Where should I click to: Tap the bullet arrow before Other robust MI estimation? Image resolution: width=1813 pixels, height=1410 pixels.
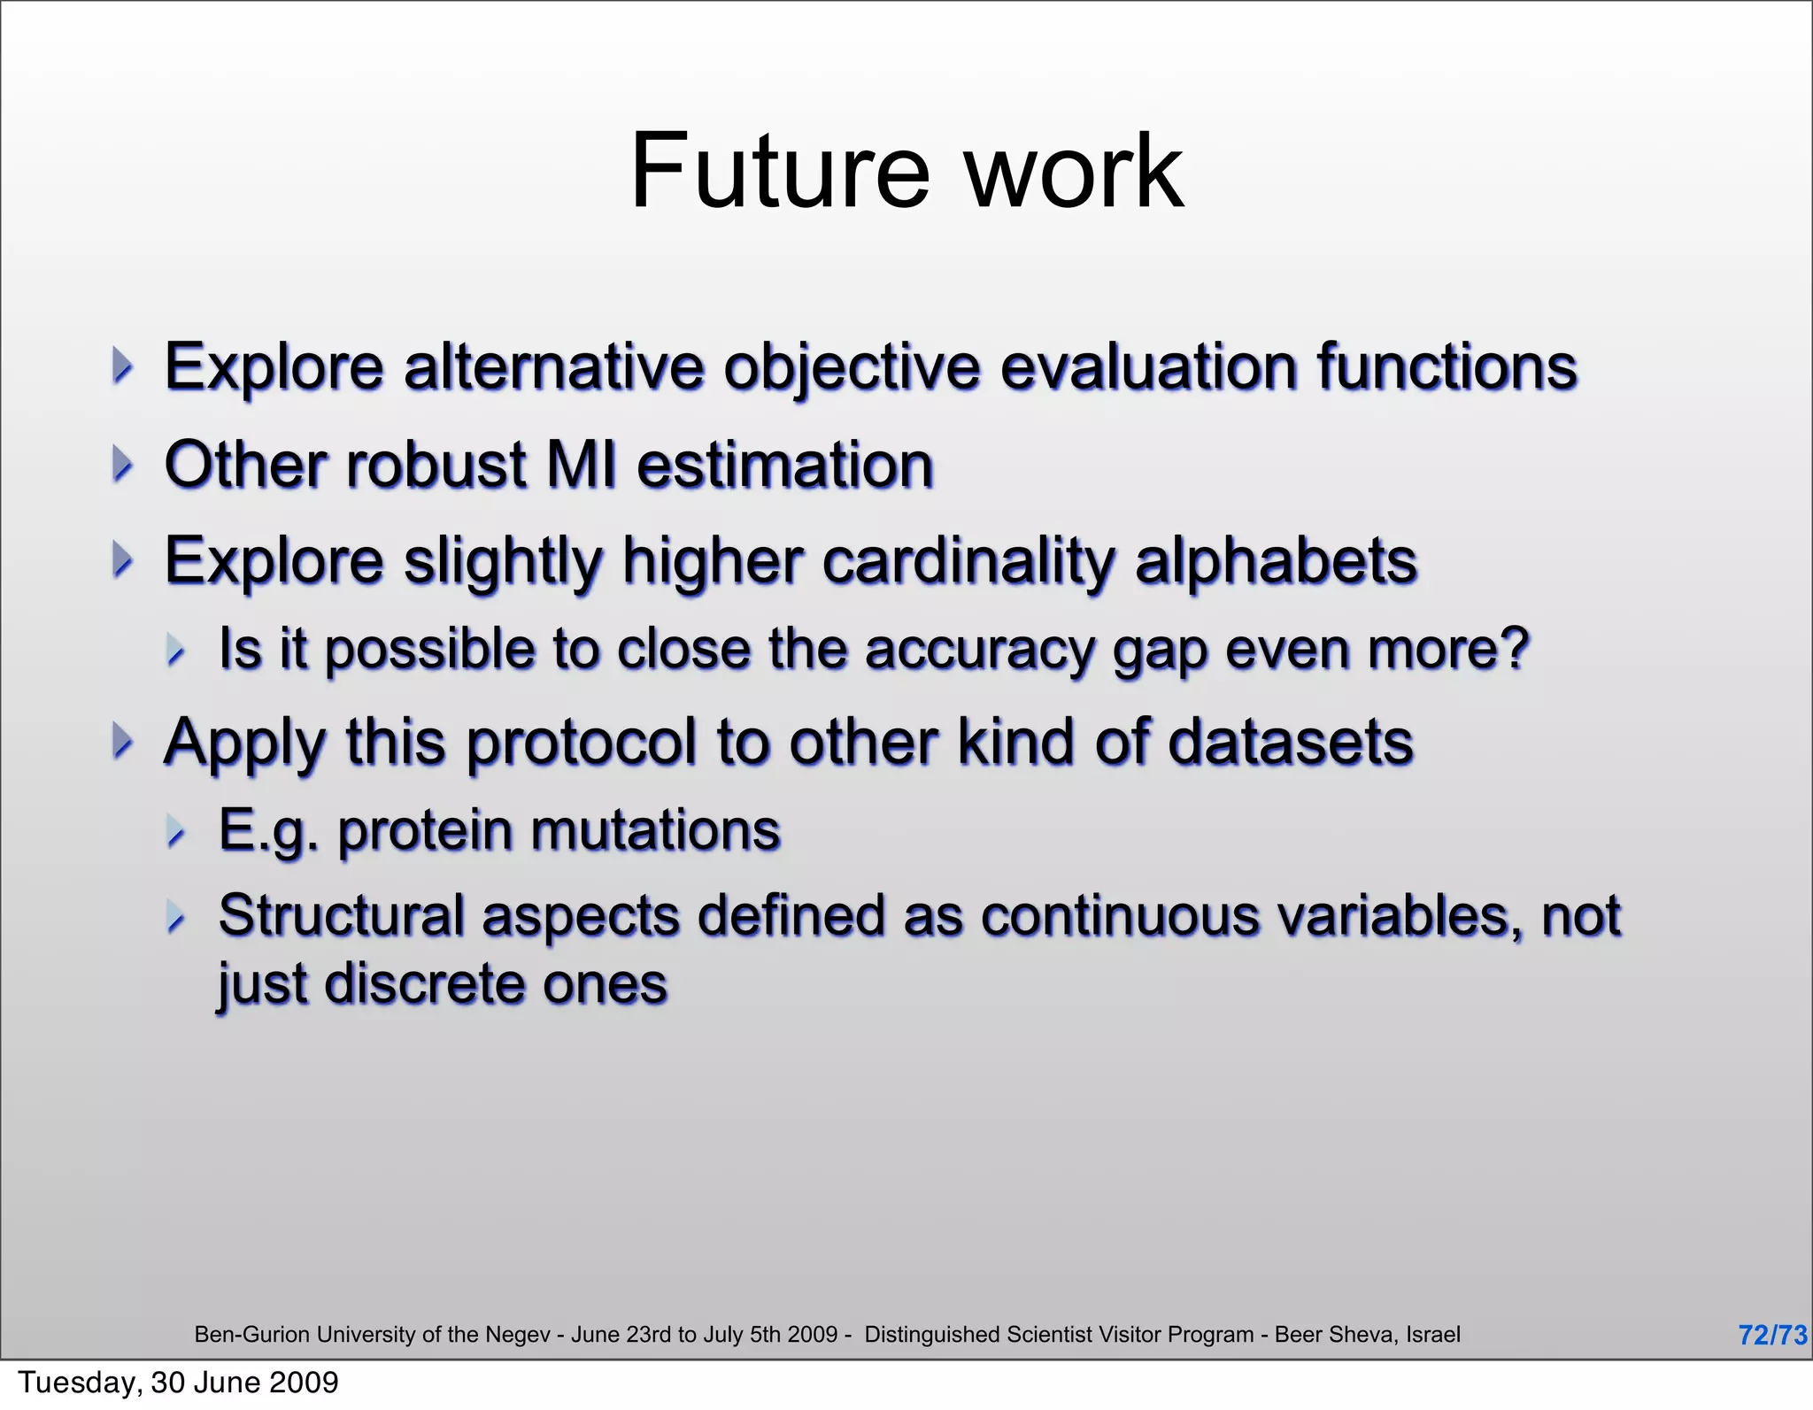tap(123, 464)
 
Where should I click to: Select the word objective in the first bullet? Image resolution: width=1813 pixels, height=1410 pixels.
tap(852, 367)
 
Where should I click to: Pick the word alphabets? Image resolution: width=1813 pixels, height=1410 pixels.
tap(1276, 561)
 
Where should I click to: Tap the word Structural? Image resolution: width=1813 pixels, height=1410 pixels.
tap(341, 915)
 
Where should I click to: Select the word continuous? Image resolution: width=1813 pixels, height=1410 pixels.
tap(1120, 915)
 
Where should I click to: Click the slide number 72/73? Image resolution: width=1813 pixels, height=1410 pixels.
tap(1771, 1335)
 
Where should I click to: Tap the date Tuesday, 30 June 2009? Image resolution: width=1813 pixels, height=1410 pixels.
tap(178, 1383)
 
